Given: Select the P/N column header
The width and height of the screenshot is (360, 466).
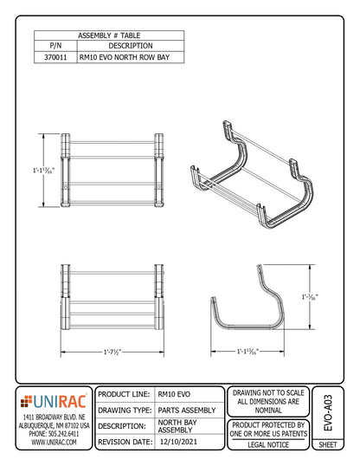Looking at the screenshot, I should pyautogui.click(x=55, y=45).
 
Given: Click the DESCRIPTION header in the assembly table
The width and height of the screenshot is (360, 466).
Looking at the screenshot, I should pyautogui.click(x=131, y=45).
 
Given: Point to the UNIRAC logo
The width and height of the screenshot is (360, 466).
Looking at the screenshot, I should pyautogui.click(x=54, y=401).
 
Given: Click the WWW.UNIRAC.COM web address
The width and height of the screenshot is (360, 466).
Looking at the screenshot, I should pyautogui.click(x=54, y=442).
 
